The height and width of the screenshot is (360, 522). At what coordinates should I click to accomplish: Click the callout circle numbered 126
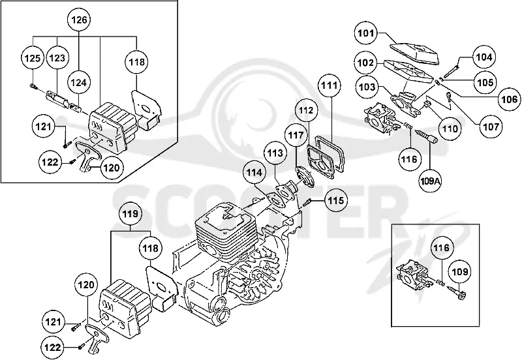[79, 20]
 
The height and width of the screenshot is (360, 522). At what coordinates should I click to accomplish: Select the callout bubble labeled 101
[366, 33]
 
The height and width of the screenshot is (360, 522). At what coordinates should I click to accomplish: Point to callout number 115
[336, 200]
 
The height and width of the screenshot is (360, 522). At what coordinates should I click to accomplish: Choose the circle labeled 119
[130, 214]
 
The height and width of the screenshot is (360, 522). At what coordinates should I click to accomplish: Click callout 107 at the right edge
[491, 127]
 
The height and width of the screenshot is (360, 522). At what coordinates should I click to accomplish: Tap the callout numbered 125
[33, 58]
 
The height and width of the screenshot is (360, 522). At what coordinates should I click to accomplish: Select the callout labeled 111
[330, 85]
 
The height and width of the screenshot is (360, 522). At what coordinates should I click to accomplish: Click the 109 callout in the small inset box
[460, 271]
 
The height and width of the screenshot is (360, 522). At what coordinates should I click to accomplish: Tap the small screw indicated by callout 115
[307, 202]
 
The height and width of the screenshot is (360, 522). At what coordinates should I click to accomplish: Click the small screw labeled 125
[33, 87]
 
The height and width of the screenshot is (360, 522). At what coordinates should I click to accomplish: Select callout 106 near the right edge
[510, 99]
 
